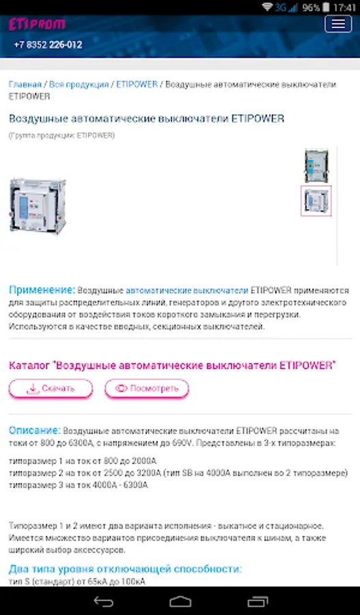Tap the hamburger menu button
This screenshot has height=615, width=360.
(338, 25)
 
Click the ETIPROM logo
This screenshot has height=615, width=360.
(37, 25)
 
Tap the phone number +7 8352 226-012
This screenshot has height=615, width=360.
(48, 44)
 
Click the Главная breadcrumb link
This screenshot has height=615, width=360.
(25, 84)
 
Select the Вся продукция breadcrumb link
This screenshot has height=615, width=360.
(79, 84)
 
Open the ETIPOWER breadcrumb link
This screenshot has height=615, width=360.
(137, 84)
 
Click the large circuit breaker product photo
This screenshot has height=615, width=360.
(38, 206)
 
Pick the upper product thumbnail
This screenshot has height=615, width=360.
(316, 165)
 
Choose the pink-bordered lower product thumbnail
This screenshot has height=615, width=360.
(316, 201)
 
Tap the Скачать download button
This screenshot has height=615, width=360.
(51, 388)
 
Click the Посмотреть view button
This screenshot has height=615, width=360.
(147, 388)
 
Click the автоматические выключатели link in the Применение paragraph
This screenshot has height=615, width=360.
(186, 290)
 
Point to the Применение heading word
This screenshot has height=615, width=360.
(42, 290)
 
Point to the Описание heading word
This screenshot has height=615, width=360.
(35, 430)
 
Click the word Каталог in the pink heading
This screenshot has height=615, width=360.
(30, 366)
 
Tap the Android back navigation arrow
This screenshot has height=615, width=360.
(104, 601)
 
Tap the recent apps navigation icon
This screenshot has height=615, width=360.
(258, 601)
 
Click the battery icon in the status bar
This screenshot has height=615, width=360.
(326, 8)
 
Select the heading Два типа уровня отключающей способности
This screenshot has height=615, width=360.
(125, 569)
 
